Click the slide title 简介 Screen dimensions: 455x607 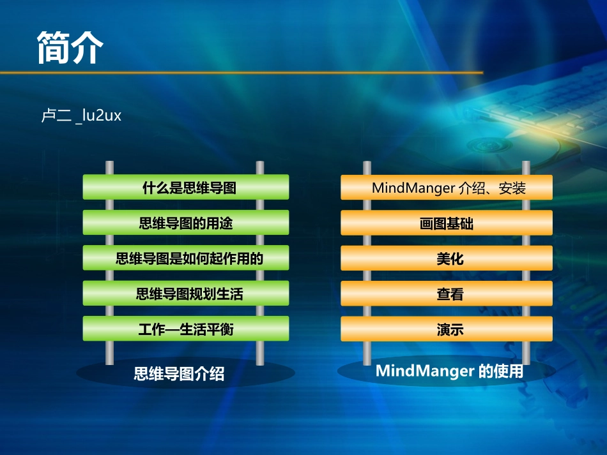click(70, 47)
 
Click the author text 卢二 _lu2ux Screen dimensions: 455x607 click(81, 117)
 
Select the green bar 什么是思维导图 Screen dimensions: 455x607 click(186, 188)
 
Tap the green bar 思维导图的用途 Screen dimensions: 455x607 click(186, 223)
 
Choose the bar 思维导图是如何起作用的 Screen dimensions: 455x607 click(186, 258)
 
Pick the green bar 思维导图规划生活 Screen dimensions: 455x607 click(186, 294)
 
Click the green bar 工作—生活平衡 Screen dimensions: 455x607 click(186, 329)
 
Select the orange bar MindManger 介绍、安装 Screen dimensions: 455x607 click(447, 188)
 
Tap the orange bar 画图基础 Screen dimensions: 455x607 click(447, 223)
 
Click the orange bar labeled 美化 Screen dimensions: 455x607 click(447, 258)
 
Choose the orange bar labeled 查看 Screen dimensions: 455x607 click(447, 294)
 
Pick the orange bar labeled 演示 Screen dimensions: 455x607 click(447, 329)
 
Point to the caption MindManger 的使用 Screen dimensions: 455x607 click(449, 371)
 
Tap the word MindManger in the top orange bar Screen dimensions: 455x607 click(414, 188)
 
